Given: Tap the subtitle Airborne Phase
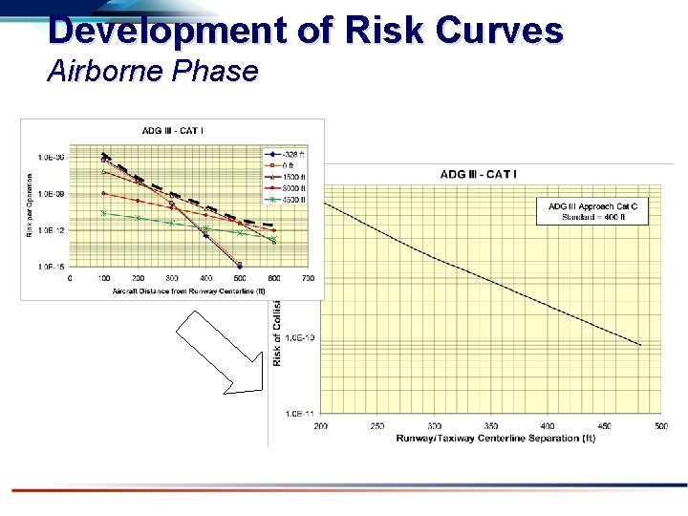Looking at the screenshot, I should click(x=152, y=72).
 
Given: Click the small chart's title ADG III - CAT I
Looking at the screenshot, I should click(x=173, y=130).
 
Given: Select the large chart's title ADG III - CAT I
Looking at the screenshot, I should click(x=479, y=174).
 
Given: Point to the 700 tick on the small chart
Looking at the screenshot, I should click(x=308, y=278).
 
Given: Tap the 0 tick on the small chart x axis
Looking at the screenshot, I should click(x=69, y=278).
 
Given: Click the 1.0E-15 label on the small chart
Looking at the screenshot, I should click(x=51, y=268).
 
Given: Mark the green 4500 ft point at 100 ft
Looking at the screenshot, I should click(x=103, y=213).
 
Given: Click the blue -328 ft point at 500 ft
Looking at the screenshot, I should click(x=240, y=266).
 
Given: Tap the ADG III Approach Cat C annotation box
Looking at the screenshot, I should click(x=592, y=211).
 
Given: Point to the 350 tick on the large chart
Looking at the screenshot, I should click(x=490, y=426).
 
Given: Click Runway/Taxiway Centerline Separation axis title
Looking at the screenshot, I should click(x=496, y=439).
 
